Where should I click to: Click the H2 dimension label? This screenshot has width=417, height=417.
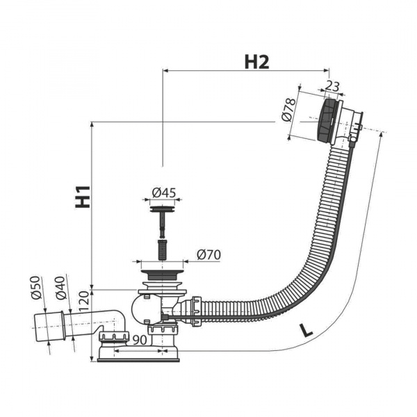(x=256, y=63)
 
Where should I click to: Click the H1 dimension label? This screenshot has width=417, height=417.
(x=83, y=197)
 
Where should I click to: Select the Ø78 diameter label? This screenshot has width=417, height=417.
(x=289, y=110)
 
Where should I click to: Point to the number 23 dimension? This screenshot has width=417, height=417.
(x=332, y=86)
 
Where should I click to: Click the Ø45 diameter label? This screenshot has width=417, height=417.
(x=164, y=193)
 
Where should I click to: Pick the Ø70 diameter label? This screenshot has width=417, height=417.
(x=208, y=255)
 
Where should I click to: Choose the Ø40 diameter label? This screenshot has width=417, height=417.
(x=60, y=288)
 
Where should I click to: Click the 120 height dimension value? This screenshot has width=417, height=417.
(x=84, y=302)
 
